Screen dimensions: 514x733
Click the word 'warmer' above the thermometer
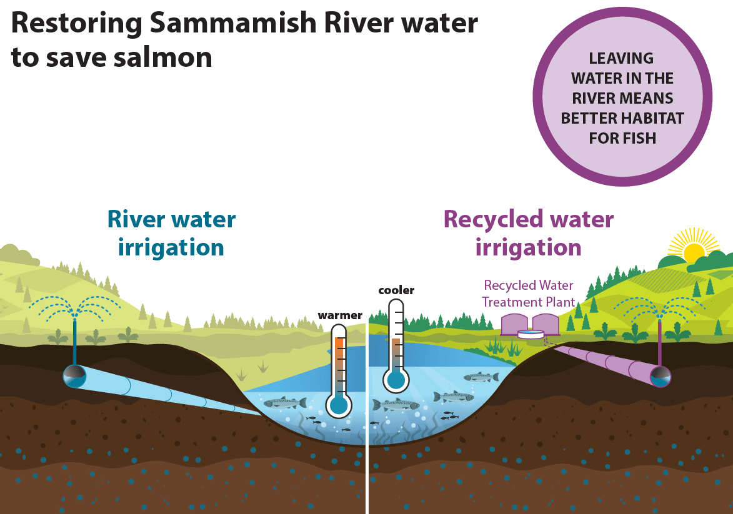point(340,315)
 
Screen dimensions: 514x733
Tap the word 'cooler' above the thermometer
point(396,290)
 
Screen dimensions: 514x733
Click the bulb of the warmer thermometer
point(339,405)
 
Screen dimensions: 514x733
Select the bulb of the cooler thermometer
point(396,380)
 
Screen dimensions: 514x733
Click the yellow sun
point(694,252)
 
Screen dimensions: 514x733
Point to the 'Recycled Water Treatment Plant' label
point(529,294)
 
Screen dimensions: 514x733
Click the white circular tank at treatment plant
point(531,334)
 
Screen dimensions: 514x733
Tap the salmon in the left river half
point(284,403)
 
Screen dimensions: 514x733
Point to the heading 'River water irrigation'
point(171,233)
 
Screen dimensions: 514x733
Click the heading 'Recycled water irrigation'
point(529,233)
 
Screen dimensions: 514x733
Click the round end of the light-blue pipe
point(74,376)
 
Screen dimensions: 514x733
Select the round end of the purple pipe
point(660,377)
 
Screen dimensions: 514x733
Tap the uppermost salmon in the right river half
point(481,377)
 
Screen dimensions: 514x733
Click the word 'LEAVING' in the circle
point(622,59)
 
